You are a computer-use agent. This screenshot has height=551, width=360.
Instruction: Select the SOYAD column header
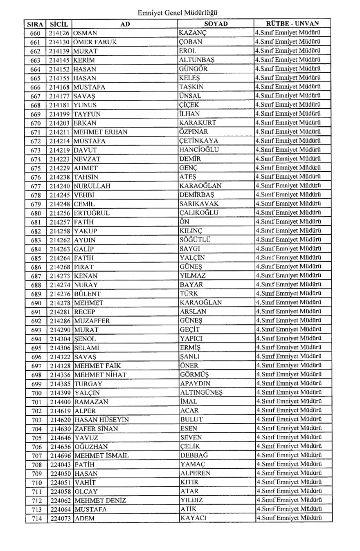pyautogui.click(x=216, y=24)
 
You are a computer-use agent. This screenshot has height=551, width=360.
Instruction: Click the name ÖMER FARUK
pyautogui.click(x=94, y=42)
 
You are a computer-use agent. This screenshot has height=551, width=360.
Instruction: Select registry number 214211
pyautogui.click(x=60, y=132)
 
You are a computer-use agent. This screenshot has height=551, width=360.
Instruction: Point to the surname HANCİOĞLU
pyautogui.click(x=199, y=150)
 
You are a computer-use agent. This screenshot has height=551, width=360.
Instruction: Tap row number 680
pyautogui.click(x=36, y=213)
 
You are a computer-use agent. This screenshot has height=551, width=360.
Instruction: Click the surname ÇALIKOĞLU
pyautogui.click(x=198, y=213)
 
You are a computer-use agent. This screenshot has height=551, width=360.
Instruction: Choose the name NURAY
pyautogui.click(x=86, y=285)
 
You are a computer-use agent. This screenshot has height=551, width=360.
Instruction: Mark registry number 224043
pyautogui.click(x=60, y=465)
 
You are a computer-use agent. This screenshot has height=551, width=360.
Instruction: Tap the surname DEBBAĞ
pyautogui.click(x=194, y=456)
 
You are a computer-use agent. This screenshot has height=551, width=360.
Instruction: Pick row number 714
pyautogui.click(x=36, y=519)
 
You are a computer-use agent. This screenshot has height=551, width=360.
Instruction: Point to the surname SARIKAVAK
pyautogui.click(x=199, y=204)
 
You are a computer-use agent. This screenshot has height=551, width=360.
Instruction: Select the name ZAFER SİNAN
pyautogui.click(x=96, y=429)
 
